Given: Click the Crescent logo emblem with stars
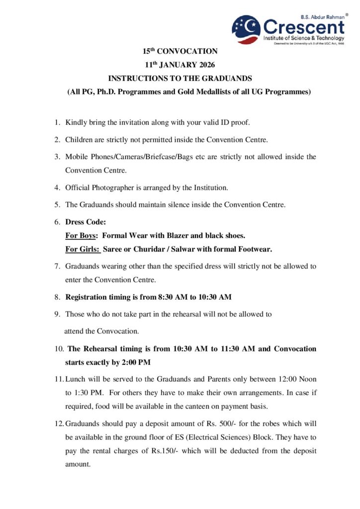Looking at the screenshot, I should [246, 29].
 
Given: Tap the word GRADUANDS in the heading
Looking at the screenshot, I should [224, 79].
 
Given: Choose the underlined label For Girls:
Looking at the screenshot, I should [82, 249].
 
